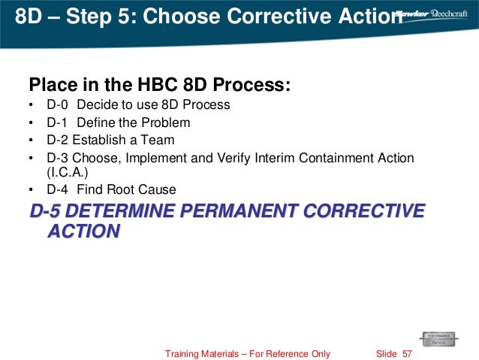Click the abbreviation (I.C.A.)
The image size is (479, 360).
point(67,171)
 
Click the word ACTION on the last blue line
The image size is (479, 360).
point(83,231)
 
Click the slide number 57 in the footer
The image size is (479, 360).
point(408,353)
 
